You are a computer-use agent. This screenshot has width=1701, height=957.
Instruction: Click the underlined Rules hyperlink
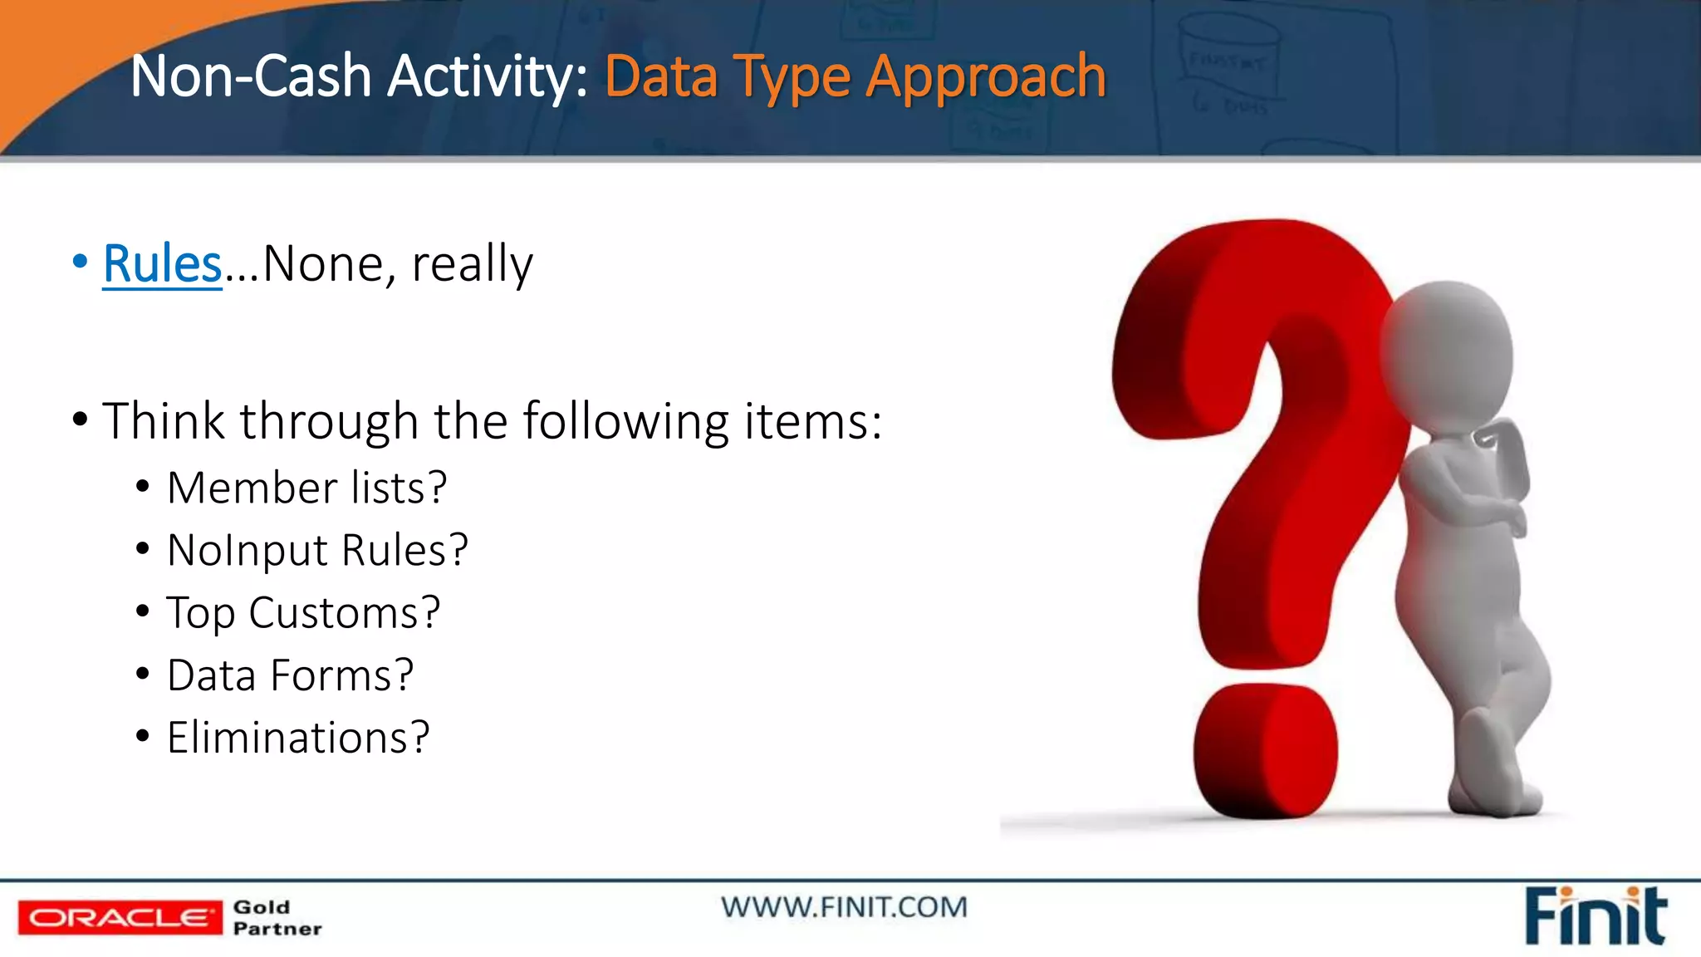(x=162, y=265)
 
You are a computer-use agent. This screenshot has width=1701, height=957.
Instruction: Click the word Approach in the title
(x=986, y=77)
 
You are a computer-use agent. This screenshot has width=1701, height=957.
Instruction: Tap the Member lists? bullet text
(x=306, y=488)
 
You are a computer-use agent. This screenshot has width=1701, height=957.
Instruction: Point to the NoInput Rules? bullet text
(x=317, y=550)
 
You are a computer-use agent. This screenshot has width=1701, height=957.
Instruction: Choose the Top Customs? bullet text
(x=303, y=613)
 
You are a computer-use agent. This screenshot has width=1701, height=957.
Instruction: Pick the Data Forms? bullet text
(x=290, y=675)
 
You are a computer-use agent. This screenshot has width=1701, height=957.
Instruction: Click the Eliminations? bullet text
(x=298, y=738)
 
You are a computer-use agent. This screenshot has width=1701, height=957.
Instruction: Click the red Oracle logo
(x=120, y=917)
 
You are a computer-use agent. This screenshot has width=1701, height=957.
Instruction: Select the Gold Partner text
(x=277, y=918)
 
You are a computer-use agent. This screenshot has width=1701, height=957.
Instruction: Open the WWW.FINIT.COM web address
(x=844, y=907)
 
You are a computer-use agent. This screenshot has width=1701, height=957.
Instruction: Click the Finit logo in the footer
(x=1595, y=916)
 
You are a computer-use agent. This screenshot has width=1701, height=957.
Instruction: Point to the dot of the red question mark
(x=1265, y=752)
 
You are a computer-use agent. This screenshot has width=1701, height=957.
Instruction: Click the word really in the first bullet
(x=472, y=265)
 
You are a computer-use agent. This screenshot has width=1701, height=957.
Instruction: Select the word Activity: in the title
(x=488, y=76)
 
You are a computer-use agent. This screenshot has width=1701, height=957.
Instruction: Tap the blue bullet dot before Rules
(x=80, y=262)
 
